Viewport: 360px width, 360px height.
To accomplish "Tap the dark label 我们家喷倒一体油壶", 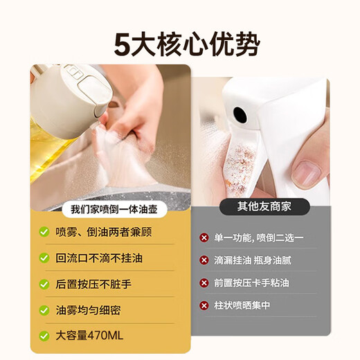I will (110, 209).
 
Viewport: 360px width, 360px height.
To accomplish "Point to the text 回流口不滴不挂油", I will (99, 258).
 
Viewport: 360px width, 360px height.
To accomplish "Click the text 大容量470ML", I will (89, 336).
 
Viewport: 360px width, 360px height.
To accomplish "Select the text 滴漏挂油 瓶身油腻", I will (260, 260).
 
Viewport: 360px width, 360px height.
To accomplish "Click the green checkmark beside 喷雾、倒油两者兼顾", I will (44, 232).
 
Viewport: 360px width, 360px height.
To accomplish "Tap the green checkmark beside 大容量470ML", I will (44, 336).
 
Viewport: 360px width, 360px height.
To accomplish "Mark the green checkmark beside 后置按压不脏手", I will (44, 284).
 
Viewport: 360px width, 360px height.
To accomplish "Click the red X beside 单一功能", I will (204, 237).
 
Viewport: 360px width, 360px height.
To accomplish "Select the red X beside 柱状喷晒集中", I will (204, 305).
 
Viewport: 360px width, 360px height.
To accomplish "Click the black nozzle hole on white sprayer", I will (240, 112).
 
